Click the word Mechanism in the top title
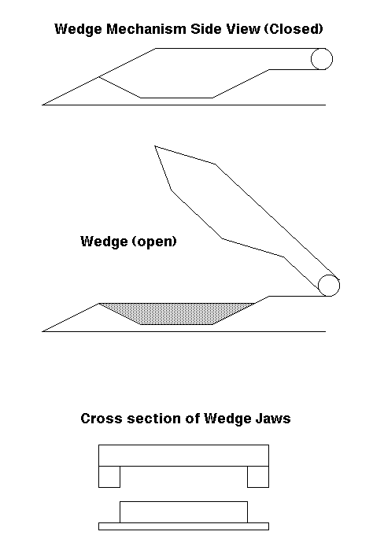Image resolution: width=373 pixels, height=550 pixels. click(146, 29)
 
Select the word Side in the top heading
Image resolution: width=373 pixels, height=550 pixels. click(205, 29)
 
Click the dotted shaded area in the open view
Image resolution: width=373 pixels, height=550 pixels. click(176, 313)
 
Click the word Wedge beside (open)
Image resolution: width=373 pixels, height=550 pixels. click(104, 242)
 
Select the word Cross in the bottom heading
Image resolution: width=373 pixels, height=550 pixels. click(102, 419)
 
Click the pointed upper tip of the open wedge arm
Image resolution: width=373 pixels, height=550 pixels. click(155, 146)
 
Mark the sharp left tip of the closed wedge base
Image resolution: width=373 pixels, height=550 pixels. click(42, 105)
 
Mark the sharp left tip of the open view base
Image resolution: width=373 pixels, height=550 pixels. click(42, 331)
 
